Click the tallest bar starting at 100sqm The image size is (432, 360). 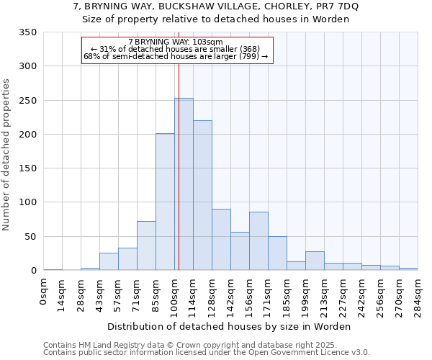(184, 184)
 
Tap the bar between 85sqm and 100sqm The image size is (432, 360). (165, 202)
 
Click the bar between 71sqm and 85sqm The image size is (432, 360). (146, 246)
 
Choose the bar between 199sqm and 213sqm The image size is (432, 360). (315, 261)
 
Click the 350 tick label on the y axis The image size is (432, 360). (27, 32)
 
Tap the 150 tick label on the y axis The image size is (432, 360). (27, 168)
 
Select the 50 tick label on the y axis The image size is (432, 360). (30, 237)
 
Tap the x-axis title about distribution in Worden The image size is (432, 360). (230, 326)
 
